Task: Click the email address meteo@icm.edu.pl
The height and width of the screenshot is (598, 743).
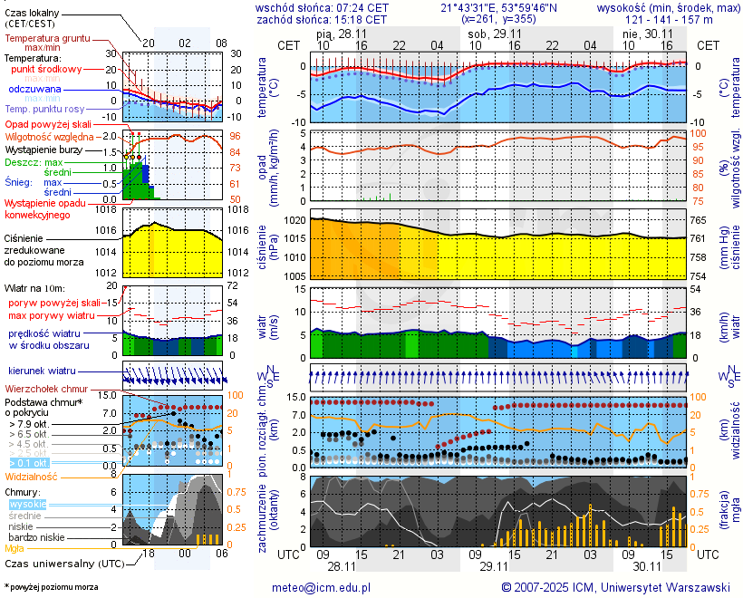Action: pos(322,587)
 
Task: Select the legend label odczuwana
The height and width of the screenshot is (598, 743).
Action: pos(34,90)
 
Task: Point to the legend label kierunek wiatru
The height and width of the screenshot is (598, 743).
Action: pos(41,371)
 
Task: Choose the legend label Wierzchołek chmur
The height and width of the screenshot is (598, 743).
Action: pos(46,389)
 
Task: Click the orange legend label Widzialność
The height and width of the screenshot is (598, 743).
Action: pos(32,476)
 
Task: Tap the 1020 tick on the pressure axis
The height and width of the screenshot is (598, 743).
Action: pos(294,220)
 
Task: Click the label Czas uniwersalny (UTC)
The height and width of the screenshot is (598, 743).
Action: pos(63,564)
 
